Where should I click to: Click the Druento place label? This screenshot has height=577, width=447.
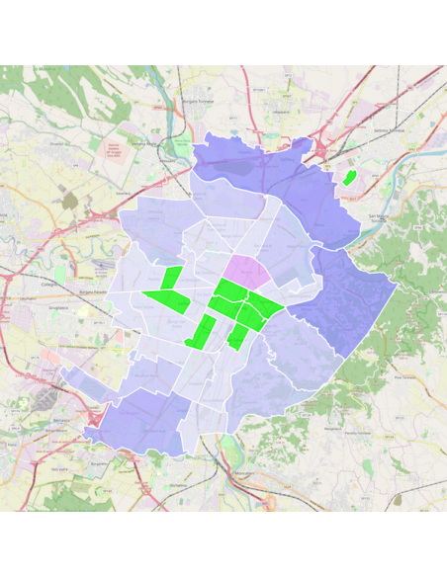coord(58,142)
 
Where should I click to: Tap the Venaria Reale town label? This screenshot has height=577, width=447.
coord(145,143)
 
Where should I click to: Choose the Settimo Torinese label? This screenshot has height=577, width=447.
coord(389,130)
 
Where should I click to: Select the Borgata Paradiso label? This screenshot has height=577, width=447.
coord(93,293)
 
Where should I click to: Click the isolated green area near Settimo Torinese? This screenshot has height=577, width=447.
coord(349,178)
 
